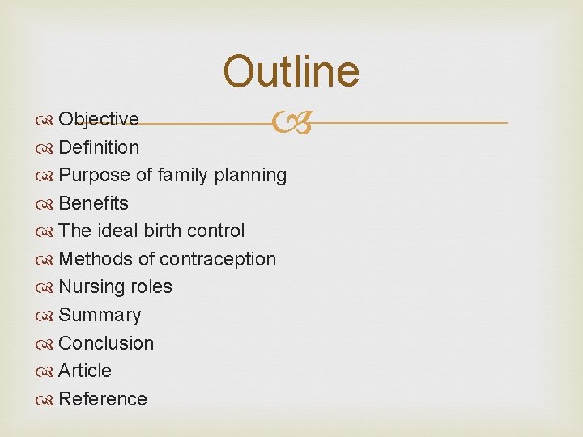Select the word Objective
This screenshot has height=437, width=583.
click(99, 119)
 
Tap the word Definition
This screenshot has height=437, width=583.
click(99, 147)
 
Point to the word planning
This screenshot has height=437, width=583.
click(250, 176)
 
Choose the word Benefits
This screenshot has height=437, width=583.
click(94, 203)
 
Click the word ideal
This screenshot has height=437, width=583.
click(117, 231)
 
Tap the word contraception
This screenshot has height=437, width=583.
click(218, 259)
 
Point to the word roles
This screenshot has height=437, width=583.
click(152, 286)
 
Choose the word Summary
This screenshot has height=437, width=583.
click(100, 315)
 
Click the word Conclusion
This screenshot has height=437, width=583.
click(106, 343)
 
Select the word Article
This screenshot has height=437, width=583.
click(85, 371)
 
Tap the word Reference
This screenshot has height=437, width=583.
click(103, 399)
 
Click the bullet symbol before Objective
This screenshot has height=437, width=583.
click(45, 120)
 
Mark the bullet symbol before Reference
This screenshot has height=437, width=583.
click(45, 400)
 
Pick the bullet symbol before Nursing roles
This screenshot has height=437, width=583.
click(45, 287)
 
